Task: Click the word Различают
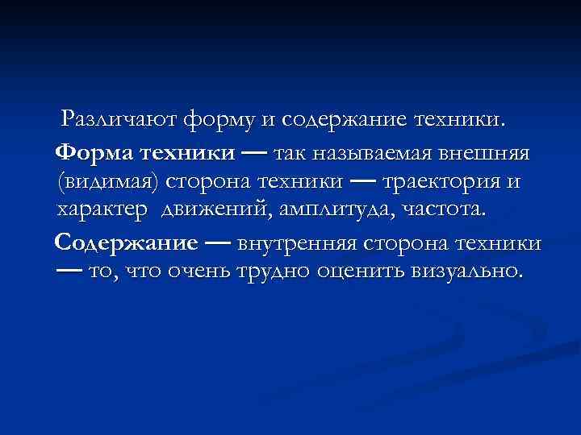(x=120, y=121)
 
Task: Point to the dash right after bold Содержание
(x=219, y=242)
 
